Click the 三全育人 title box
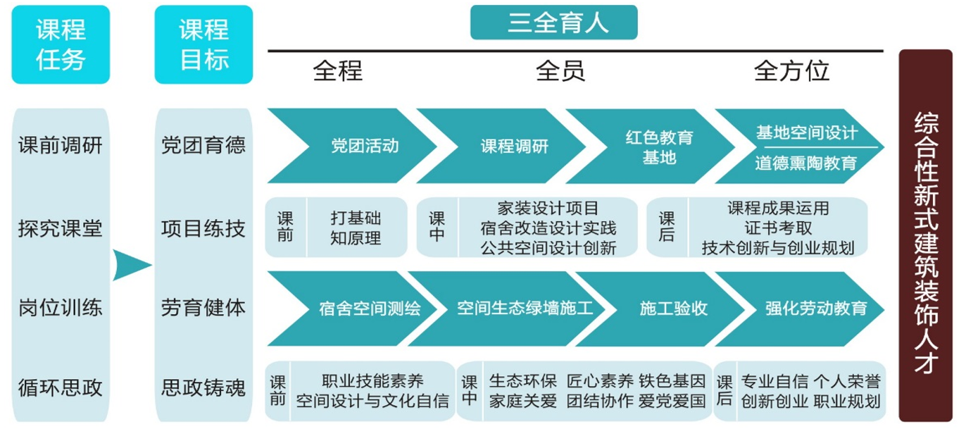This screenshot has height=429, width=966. point(553,23)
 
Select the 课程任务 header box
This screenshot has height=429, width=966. point(61,44)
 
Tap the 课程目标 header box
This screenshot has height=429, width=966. point(203,44)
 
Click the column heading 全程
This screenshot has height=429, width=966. point(337,70)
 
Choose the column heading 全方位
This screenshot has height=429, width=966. point(791,70)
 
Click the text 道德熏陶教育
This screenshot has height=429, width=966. point(805,163)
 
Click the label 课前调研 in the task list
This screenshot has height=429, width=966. point(61,146)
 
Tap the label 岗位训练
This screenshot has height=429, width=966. point(61,308)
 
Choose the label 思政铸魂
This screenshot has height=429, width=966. point(203,387)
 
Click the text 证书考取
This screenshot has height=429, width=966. point(777,228)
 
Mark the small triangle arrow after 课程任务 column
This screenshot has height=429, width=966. point(131,266)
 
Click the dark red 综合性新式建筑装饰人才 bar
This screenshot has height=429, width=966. point(926,235)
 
